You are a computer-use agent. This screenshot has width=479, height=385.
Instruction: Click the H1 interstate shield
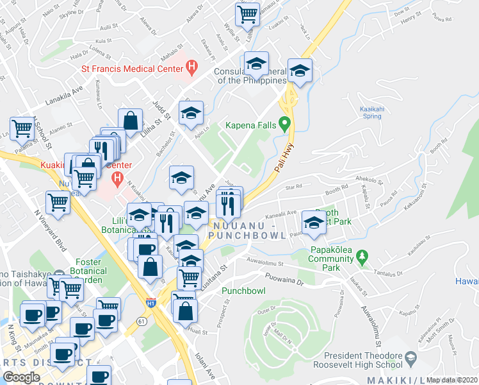150,302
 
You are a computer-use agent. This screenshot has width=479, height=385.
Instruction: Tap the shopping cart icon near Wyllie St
247,14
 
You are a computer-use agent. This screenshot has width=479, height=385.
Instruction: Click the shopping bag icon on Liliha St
130,121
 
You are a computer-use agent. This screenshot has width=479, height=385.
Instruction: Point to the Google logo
21,377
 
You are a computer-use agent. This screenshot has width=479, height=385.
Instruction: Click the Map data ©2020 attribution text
451,380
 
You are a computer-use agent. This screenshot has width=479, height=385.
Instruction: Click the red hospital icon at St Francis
191,65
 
